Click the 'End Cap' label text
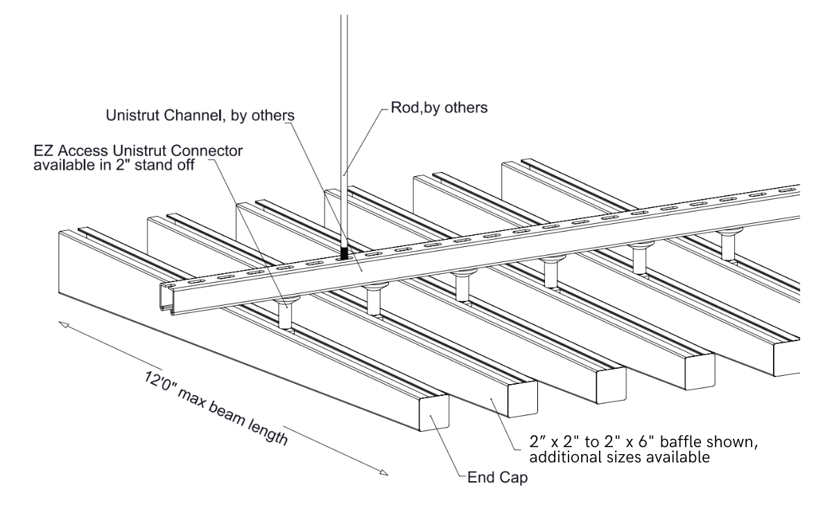[492, 477]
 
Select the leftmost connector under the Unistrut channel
[284, 311]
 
